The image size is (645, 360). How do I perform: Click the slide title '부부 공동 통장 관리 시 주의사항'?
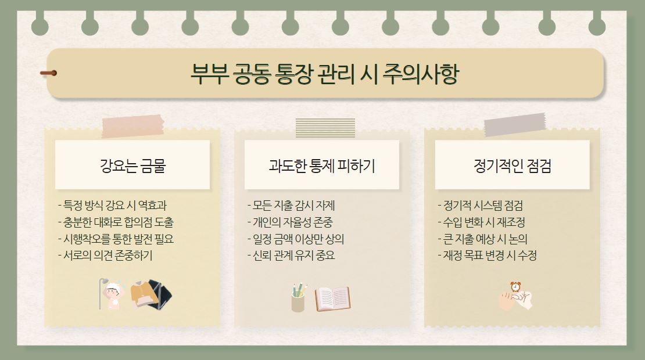point(324,74)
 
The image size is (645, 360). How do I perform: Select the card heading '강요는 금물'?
point(132,166)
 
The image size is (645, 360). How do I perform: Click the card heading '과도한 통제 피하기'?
point(322,166)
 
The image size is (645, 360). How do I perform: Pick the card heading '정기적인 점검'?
point(512,166)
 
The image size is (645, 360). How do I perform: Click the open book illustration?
point(333,298)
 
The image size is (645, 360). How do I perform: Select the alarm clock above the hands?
point(515,286)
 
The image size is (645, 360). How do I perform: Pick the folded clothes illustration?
point(151,294)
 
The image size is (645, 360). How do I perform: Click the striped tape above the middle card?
point(325,128)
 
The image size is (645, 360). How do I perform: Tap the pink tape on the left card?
point(132,126)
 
